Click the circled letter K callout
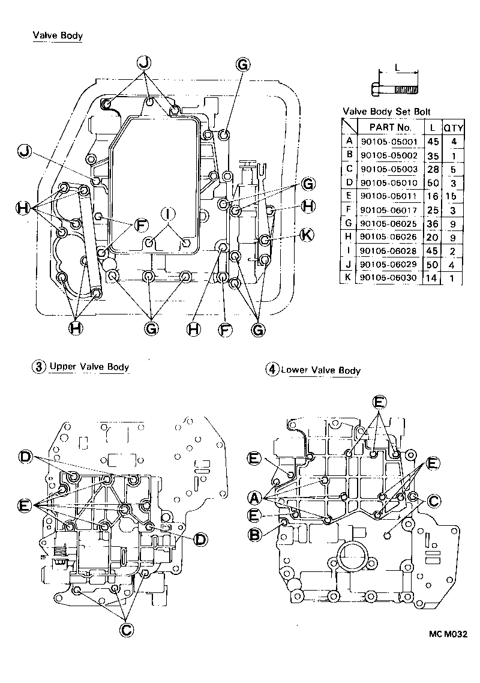(x=306, y=235)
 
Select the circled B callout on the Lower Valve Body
(x=254, y=535)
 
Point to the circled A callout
(x=254, y=498)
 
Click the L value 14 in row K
(x=431, y=278)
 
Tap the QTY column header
(x=451, y=127)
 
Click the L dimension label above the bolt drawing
(x=397, y=68)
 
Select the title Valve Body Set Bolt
(x=386, y=112)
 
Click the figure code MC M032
(x=448, y=634)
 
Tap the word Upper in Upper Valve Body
(x=62, y=366)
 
